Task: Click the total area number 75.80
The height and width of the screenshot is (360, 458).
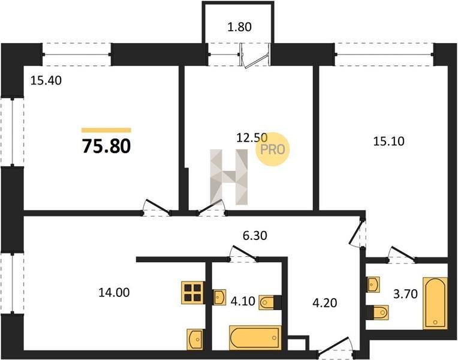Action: point(106,146)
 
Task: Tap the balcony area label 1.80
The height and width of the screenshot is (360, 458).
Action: point(239,27)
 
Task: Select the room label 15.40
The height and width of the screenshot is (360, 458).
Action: point(46,80)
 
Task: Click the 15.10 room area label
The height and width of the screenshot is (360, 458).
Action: point(389,141)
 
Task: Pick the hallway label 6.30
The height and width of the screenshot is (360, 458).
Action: point(255,235)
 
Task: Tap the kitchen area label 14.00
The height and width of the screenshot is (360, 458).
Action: point(114,292)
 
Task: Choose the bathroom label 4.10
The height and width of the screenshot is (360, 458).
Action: point(243,301)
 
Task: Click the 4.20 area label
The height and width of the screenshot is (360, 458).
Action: point(325,303)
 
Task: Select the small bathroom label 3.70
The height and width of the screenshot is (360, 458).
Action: point(405,294)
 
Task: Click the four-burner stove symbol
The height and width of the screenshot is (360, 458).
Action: point(193,293)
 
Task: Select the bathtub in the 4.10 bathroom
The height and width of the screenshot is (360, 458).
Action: point(255,338)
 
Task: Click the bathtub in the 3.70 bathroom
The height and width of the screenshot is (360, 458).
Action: point(435,303)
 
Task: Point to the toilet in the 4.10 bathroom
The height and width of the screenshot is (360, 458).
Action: point(270,302)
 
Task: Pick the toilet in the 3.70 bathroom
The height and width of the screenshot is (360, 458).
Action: point(377,312)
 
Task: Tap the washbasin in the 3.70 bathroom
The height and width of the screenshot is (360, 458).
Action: point(373,284)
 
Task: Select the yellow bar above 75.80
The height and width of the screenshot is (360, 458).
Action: point(106,130)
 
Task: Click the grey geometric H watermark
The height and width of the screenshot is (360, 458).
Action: point(229,177)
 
